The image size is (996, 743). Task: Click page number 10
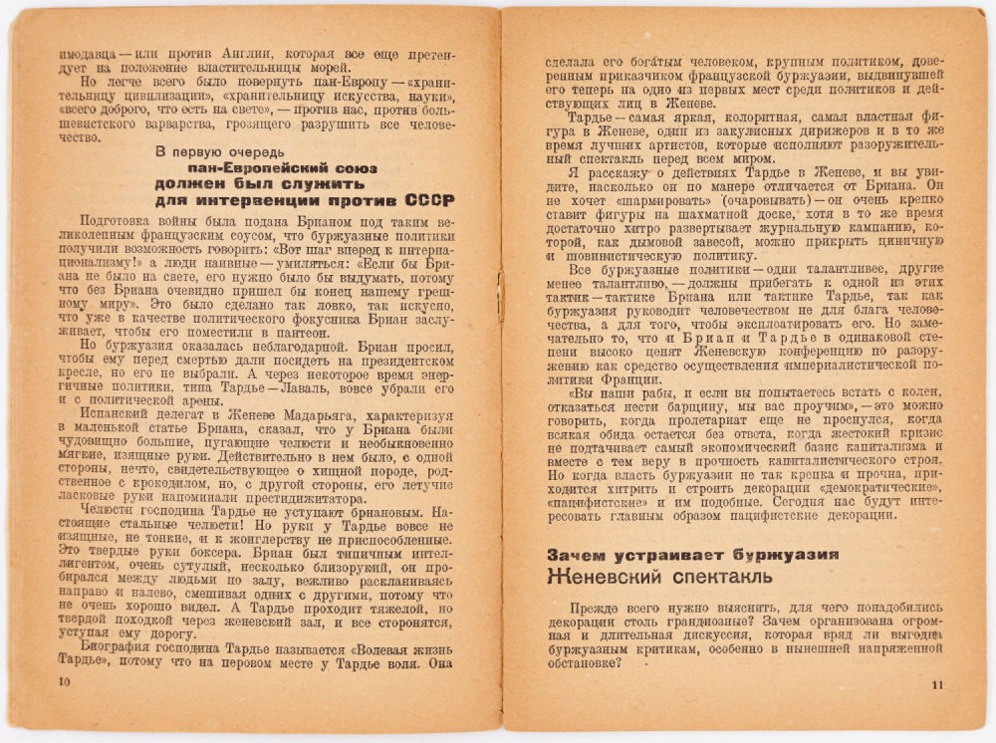click(66, 681)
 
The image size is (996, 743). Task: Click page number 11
click(935, 684)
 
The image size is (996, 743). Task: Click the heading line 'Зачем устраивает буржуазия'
click(691, 553)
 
